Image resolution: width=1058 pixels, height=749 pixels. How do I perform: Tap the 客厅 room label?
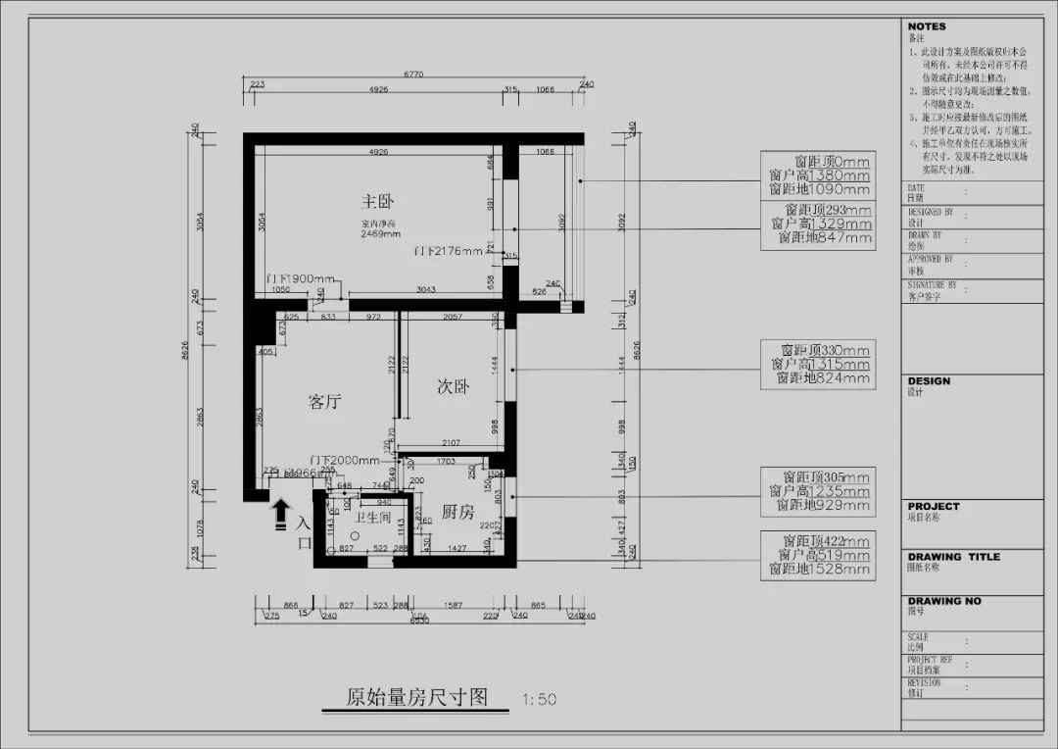(325, 401)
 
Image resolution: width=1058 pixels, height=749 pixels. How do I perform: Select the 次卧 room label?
(453, 386)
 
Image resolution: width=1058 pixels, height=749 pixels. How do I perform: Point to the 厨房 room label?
(457, 512)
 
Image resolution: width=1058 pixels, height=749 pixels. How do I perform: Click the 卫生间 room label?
(373, 517)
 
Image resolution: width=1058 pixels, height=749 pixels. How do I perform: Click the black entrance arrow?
(280, 511)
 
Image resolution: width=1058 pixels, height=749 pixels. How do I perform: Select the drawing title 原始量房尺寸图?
(416, 697)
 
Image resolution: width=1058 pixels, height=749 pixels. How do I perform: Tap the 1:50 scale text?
(539, 699)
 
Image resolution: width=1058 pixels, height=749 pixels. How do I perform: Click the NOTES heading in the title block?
(927, 26)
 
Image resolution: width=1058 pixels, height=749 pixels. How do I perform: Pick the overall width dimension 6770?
(414, 74)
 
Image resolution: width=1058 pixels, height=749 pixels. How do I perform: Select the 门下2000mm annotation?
(344, 460)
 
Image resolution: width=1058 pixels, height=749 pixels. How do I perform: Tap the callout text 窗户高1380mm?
(820, 175)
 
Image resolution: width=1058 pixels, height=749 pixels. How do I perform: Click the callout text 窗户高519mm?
(820, 555)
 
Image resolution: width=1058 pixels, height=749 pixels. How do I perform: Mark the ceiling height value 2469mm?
(379, 234)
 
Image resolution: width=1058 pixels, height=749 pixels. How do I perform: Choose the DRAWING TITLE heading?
(953, 556)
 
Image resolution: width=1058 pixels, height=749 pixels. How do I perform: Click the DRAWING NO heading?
(943, 601)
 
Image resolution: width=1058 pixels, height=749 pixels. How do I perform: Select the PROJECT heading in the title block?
(934, 507)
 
